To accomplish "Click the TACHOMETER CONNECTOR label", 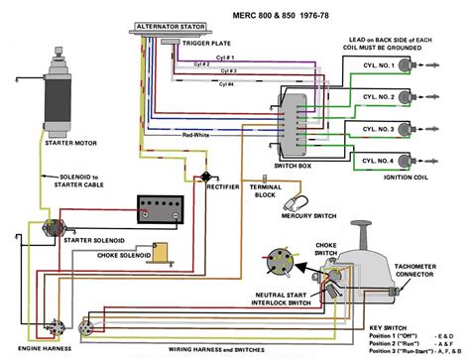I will [425, 270].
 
